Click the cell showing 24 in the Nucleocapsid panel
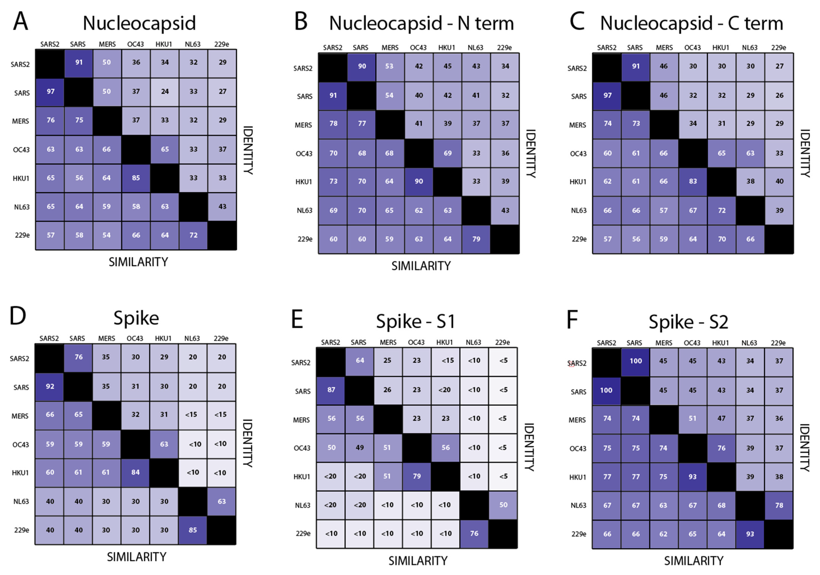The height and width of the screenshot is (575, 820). (165, 92)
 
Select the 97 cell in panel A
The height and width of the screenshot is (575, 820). (50, 92)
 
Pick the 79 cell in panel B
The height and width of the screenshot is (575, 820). (476, 239)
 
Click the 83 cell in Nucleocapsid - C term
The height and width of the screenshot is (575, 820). (693, 181)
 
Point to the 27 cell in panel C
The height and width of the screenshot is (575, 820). (779, 66)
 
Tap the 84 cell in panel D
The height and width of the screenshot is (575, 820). (135, 472)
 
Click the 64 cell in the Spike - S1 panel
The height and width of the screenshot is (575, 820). (360, 361)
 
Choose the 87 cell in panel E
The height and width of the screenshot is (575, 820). (331, 390)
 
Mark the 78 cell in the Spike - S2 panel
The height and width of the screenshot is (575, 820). (779, 505)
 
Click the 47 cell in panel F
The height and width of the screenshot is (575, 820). (721, 418)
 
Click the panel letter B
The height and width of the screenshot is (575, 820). (301, 21)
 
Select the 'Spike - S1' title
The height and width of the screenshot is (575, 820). (415, 321)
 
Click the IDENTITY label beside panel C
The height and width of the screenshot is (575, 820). (805, 153)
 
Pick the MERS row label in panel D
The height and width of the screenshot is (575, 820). (20, 416)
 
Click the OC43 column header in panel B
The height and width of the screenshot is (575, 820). (418, 47)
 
